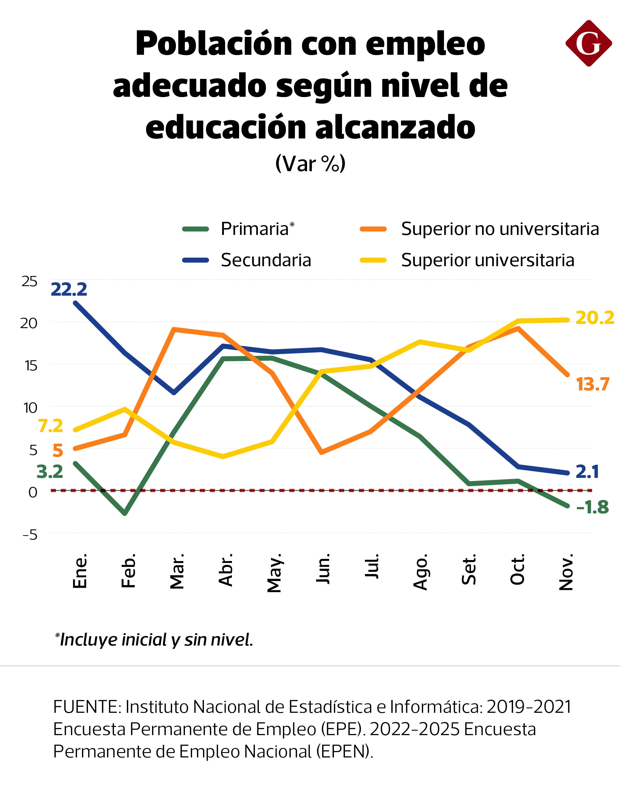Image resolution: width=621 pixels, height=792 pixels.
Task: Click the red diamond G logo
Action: coord(588,43)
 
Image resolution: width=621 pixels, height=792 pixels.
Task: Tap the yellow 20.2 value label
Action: coord(595,318)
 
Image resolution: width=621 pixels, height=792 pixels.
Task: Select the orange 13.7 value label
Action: coord(593,384)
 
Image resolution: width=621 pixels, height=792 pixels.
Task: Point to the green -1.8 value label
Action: coord(592,507)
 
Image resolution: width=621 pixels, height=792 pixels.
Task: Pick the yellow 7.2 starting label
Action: coord(51,425)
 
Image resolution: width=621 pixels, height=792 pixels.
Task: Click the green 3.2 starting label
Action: coord(50,472)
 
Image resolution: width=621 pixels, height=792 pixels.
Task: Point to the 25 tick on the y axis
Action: coord(29,281)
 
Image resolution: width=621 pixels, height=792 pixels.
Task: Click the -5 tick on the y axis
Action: coord(30,535)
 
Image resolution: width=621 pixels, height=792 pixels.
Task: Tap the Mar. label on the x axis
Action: coord(177,571)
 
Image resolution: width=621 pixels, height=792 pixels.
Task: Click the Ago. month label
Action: coord(420,572)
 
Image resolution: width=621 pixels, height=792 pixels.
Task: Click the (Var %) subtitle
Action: coord(310,164)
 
